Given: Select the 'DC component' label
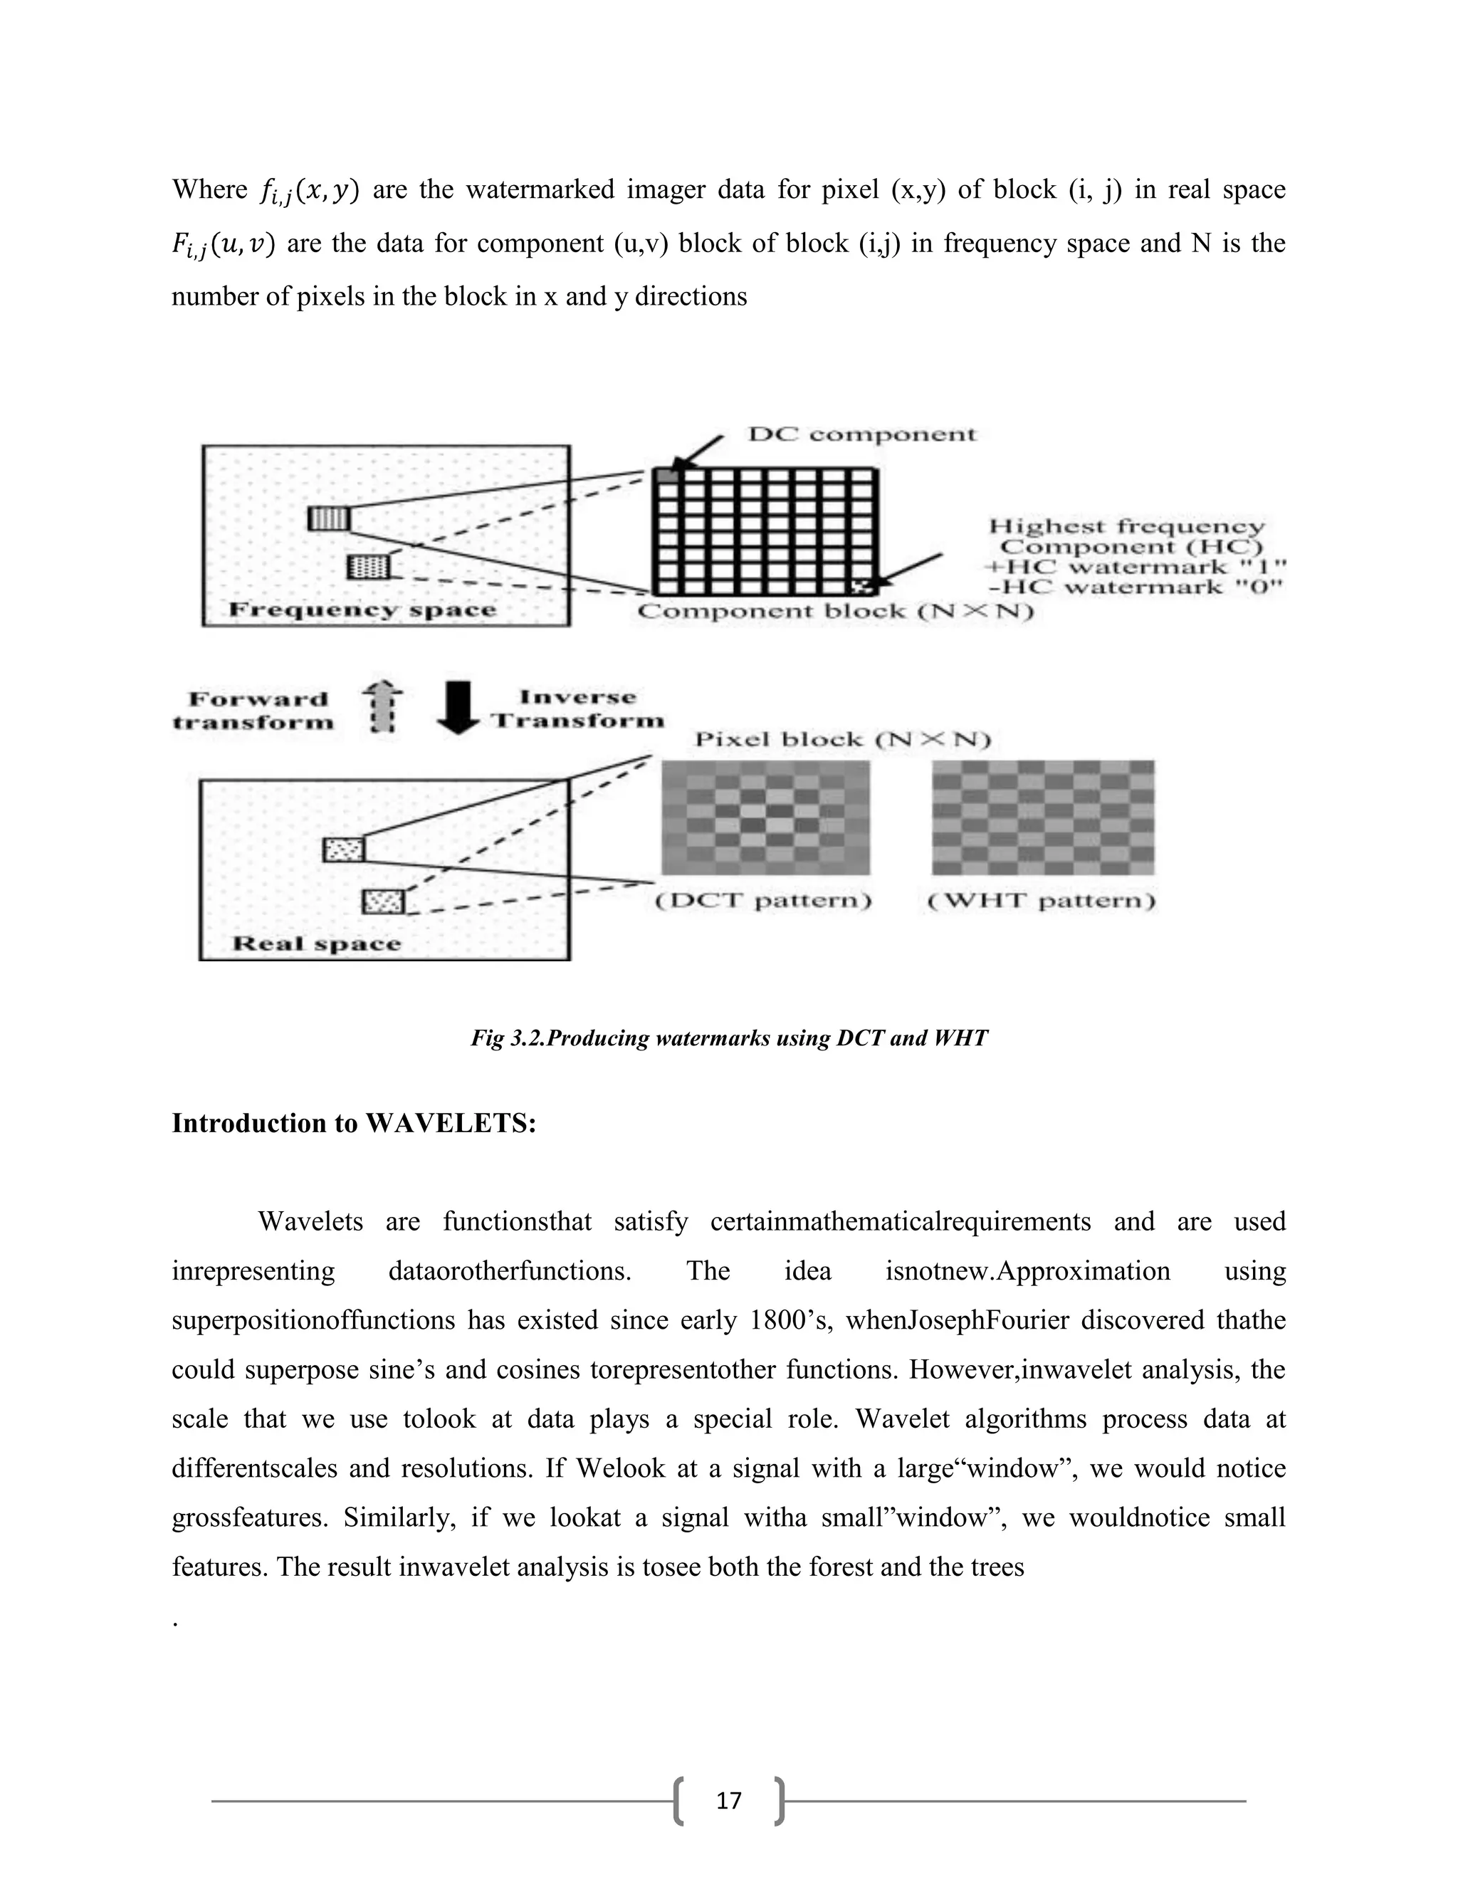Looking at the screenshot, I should click(x=861, y=434).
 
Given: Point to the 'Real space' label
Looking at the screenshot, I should click(x=316, y=943).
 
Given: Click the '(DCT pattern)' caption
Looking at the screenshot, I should click(x=764, y=901).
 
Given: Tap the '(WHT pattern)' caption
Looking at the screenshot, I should click(x=1041, y=901).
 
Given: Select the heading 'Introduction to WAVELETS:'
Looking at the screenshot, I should click(x=354, y=1123).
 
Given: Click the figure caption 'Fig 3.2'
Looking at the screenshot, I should click(x=728, y=1037).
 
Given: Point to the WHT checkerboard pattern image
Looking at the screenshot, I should click(x=1042, y=817).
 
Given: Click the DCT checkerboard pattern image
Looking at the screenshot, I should click(x=765, y=817).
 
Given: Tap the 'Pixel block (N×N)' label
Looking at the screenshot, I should click(x=842, y=740).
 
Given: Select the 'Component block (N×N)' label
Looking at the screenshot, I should click(x=834, y=612).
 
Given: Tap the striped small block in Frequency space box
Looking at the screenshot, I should click(x=329, y=518).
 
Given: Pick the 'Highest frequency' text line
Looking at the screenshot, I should click(x=1126, y=526).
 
